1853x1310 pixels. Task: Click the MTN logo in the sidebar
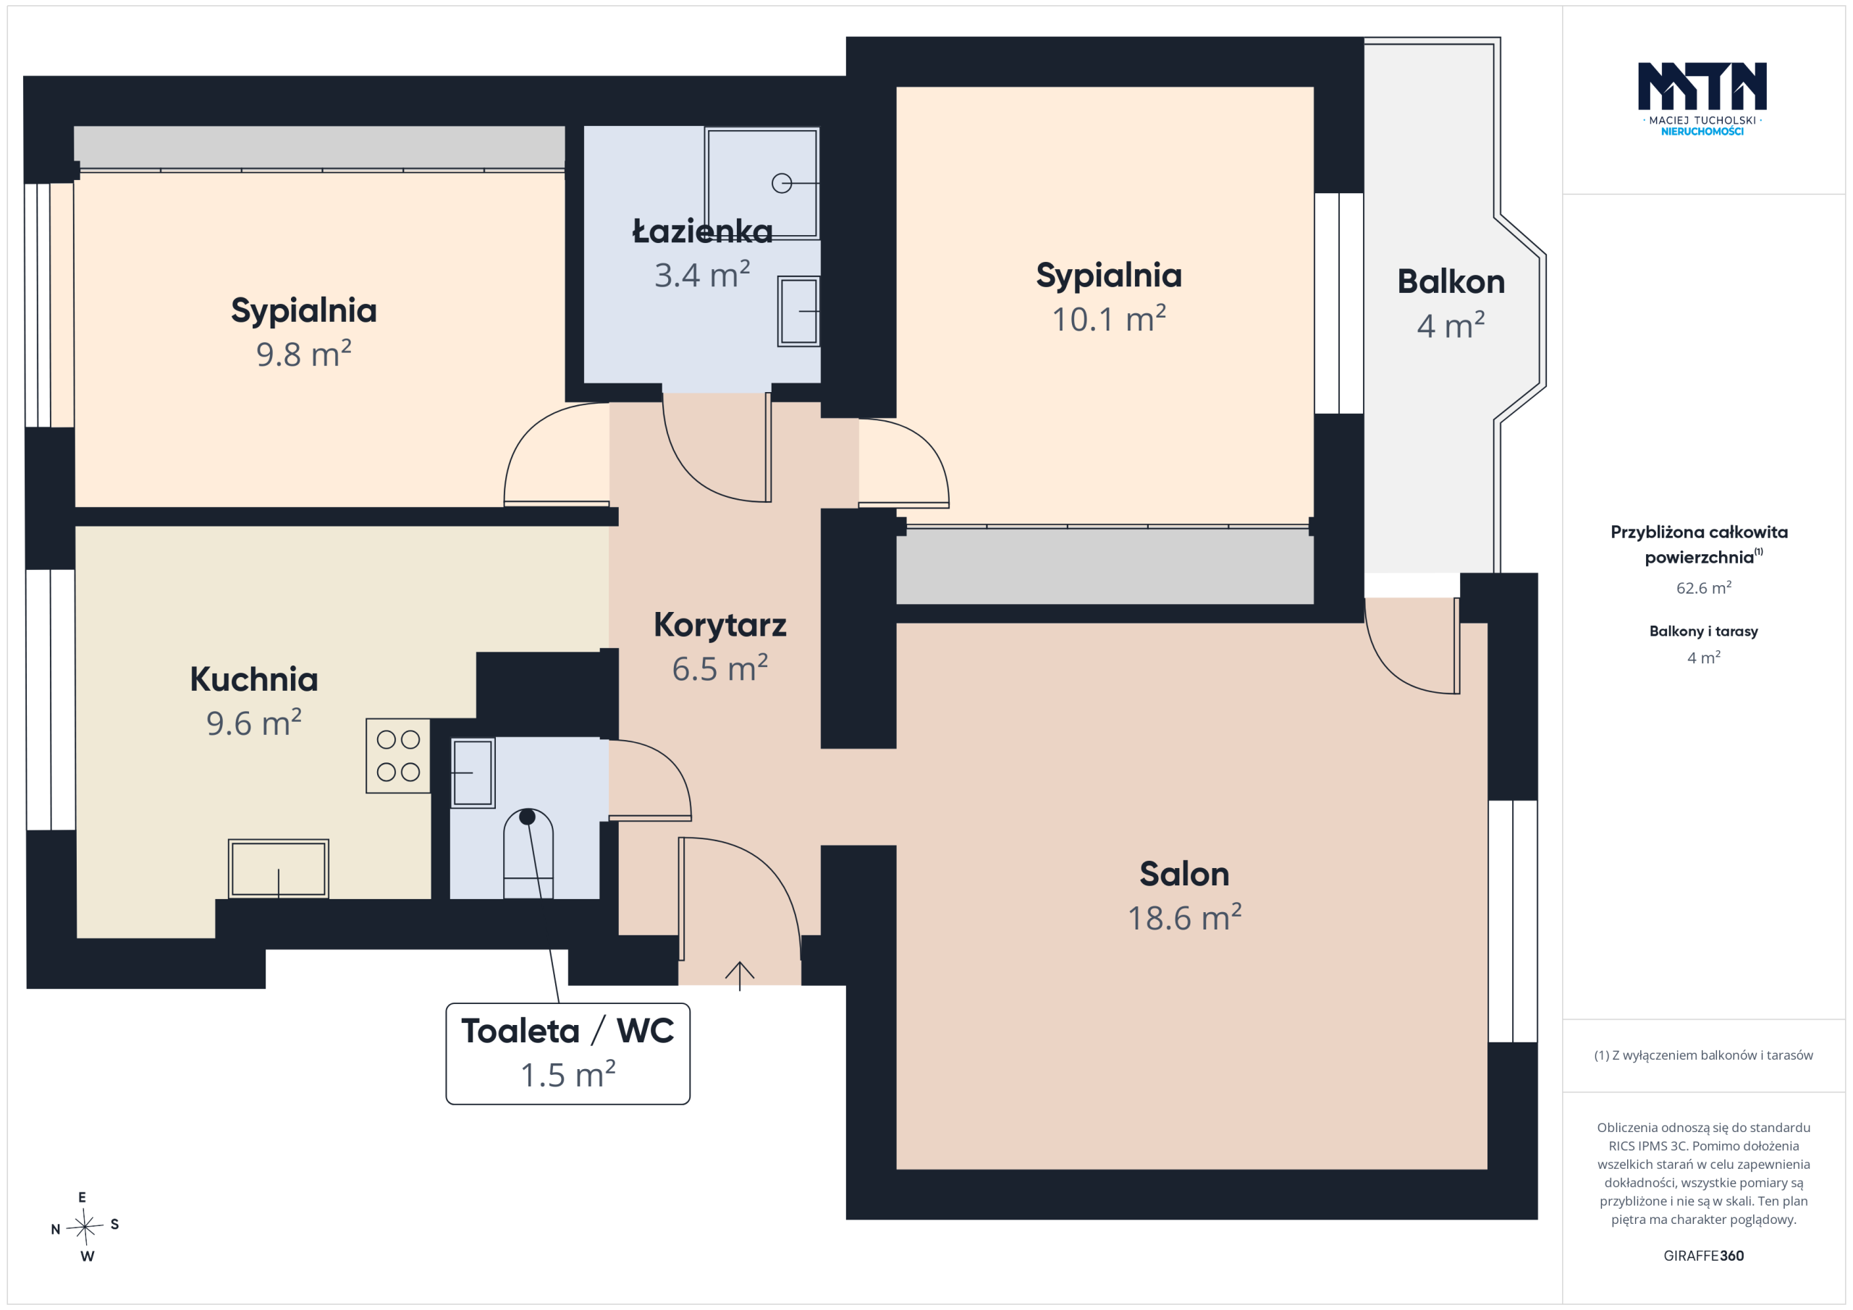click(x=1702, y=86)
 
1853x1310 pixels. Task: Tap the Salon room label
click(x=1184, y=875)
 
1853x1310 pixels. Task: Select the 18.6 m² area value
click(x=1184, y=918)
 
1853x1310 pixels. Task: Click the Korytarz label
click(x=720, y=625)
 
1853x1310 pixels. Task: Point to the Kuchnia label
click(x=254, y=680)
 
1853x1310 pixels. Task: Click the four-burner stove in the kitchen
click(x=398, y=756)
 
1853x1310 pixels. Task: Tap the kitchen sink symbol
click(x=279, y=869)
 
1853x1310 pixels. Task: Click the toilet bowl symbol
click(x=528, y=854)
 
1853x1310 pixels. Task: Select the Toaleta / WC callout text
click(x=567, y=1032)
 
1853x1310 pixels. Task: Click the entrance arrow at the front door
click(x=739, y=975)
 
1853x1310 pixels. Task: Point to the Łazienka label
click(x=702, y=231)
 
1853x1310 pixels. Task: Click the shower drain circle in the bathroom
click(x=781, y=183)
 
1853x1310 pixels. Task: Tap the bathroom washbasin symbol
click(x=799, y=311)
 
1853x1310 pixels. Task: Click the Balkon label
click(x=1451, y=281)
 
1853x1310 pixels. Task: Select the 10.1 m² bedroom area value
click(x=1109, y=320)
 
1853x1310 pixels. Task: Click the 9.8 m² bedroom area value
click(x=303, y=354)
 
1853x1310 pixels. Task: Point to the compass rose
click(x=85, y=1227)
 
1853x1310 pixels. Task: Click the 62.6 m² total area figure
click(x=1704, y=588)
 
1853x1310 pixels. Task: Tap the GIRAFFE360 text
click(x=1704, y=1256)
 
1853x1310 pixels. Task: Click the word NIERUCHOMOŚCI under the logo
click(x=1702, y=132)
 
